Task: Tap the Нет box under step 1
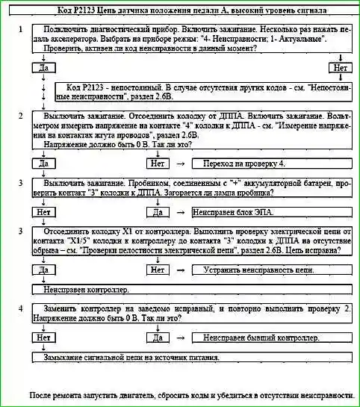point(341,68)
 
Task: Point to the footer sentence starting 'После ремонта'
point(190,394)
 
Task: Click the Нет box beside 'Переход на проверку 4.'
point(158,163)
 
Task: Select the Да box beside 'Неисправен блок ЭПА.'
point(158,212)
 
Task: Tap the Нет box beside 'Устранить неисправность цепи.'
point(158,270)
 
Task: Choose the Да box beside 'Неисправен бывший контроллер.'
point(158,338)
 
